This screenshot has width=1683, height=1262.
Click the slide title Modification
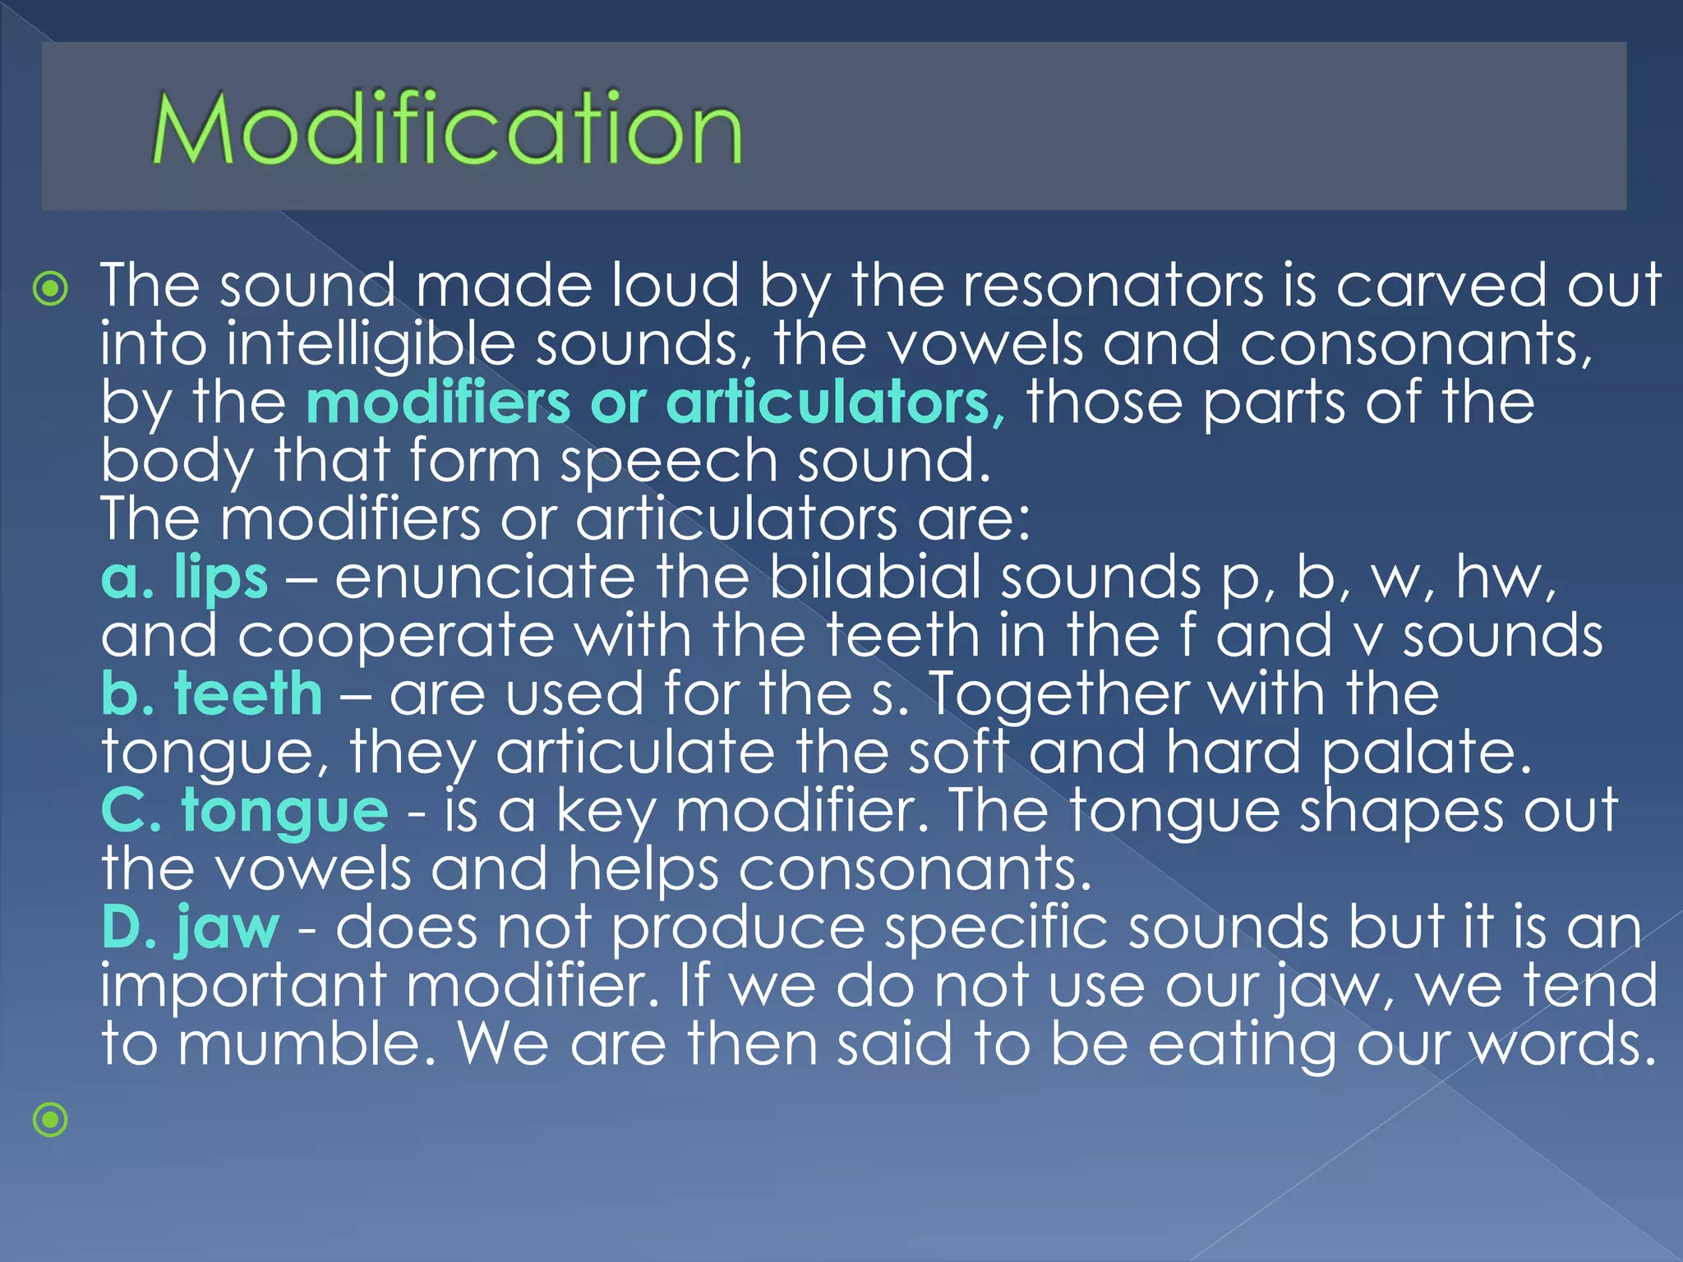447,128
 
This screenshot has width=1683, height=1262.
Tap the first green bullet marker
51,288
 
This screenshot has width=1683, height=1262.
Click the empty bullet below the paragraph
51,1119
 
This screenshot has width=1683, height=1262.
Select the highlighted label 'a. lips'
185,577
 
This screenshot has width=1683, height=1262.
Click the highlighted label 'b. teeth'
212,694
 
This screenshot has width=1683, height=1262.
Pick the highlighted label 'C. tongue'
244,811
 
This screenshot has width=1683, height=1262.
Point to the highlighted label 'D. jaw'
191,928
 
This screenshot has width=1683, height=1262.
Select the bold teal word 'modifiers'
438,403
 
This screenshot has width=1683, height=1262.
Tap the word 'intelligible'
371,344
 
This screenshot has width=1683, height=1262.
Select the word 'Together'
1060,694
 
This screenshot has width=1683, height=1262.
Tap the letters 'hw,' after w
1505,577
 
